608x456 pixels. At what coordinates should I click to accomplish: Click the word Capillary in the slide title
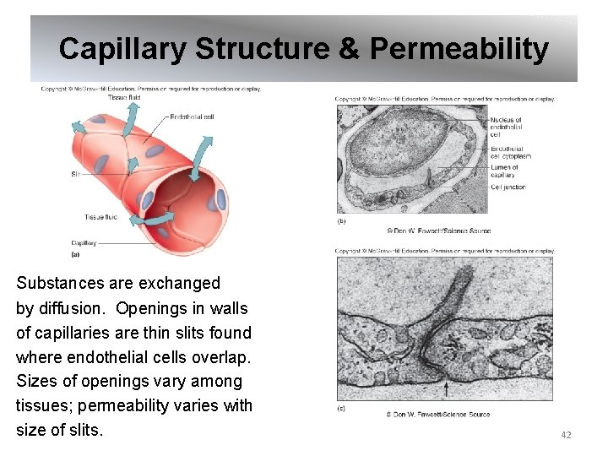click(123, 49)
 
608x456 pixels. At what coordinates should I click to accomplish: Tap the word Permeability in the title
click(459, 49)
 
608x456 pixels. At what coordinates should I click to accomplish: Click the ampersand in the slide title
click(349, 49)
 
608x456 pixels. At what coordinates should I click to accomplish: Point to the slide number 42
click(566, 435)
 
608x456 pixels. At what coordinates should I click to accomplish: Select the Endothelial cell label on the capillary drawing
click(191, 117)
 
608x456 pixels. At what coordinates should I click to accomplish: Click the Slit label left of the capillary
click(75, 174)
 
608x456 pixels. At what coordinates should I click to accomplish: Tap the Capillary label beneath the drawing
click(84, 243)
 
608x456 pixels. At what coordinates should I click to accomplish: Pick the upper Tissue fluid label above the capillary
click(124, 98)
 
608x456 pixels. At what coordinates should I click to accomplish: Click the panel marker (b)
click(341, 221)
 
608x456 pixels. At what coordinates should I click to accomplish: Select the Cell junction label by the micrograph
click(508, 187)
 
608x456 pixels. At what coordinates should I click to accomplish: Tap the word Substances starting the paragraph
click(60, 284)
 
